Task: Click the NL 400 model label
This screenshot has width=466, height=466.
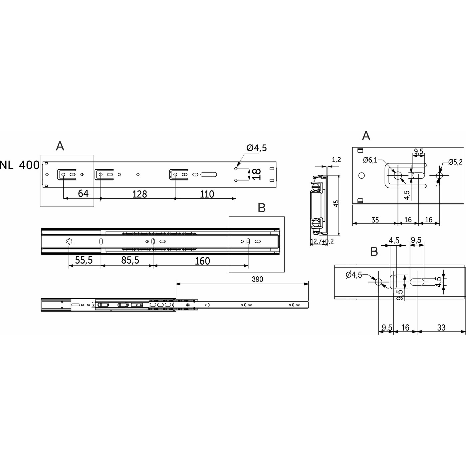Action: (20, 165)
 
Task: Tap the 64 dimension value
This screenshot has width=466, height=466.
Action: (83, 193)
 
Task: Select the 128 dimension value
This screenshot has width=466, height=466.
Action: (139, 194)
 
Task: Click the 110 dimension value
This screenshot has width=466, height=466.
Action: (207, 194)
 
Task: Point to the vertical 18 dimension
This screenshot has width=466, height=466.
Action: (256, 174)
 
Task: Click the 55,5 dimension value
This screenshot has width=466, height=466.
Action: (84, 260)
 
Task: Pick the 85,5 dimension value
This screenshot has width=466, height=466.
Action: (130, 260)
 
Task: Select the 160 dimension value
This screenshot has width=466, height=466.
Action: (202, 261)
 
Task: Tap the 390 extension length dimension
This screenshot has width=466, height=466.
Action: (257, 279)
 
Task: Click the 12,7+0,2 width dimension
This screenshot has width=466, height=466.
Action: (322, 241)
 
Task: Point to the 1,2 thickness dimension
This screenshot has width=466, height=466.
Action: (337, 160)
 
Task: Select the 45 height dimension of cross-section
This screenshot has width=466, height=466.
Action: (336, 203)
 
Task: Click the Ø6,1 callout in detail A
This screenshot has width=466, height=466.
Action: (370, 160)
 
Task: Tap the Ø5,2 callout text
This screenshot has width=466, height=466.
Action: (455, 162)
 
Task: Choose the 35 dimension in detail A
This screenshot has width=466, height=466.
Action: (375, 220)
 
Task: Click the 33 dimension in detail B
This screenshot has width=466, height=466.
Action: (441, 328)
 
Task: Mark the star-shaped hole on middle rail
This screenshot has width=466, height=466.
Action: (69, 241)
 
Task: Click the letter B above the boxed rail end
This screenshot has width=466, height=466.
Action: (262, 208)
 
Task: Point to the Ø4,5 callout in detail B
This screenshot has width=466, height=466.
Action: (354, 275)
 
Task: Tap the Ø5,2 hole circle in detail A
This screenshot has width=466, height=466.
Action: (439, 175)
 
